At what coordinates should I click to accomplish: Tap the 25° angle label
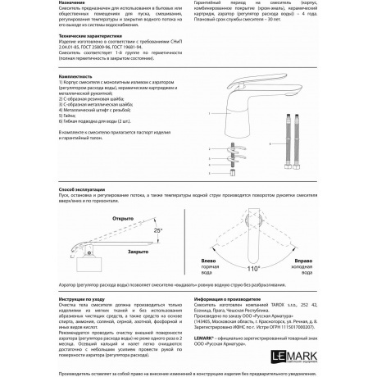(x=158, y=232)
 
